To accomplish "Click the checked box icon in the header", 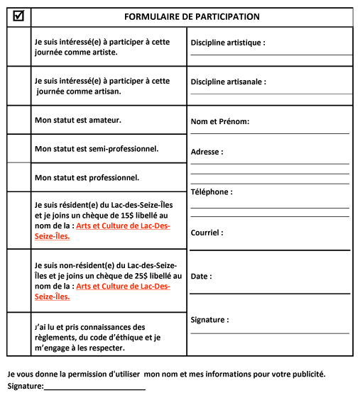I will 18,16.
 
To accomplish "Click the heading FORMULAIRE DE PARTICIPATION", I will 192,16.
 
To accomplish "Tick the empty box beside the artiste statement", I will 18,47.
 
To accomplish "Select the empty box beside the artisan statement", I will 18,86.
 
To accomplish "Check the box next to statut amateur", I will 18,120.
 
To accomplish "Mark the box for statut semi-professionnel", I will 18,149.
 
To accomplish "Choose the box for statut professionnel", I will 18,177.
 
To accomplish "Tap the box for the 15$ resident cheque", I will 18,221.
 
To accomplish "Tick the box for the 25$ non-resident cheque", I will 18,281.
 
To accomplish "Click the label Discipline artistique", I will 228,43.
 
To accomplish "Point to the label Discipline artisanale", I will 229,82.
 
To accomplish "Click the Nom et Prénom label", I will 220,121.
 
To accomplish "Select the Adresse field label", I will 207,152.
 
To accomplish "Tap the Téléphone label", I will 212,191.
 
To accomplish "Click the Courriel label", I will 207,232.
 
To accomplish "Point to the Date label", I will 201,276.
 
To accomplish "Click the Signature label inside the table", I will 210,320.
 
